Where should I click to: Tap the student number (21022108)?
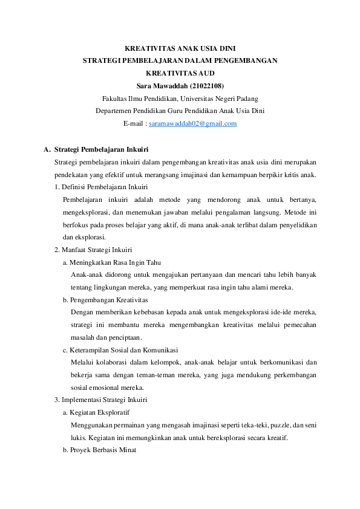(x=206, y=85)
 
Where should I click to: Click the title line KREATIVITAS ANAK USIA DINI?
(x=180, y=47)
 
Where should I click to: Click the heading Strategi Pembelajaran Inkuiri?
(x=101, y=149)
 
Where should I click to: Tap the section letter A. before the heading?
(x=47, y=149)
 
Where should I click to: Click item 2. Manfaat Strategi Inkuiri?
(x=93, y=250)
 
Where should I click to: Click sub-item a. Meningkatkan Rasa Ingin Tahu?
(x=111, y=263)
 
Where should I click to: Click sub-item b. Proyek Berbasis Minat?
(x=99, y=450)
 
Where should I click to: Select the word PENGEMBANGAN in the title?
(x=246, y=60)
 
